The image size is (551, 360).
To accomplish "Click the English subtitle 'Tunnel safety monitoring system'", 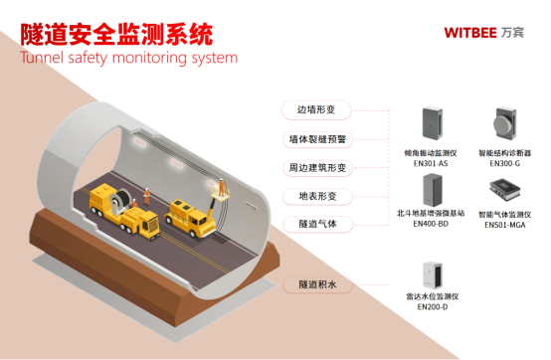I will click(x=128, y=57).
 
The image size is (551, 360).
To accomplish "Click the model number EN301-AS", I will click(x=432, y=163).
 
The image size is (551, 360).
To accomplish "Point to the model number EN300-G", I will click(x=504, y=163).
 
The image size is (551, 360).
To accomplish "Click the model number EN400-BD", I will click(x=432, y=225).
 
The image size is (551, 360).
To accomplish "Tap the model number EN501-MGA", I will click(x=504, y=225).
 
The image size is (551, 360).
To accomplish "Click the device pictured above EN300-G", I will click(x=504, y=124).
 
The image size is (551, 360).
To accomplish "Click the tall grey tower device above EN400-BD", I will click(x=432, y=189).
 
